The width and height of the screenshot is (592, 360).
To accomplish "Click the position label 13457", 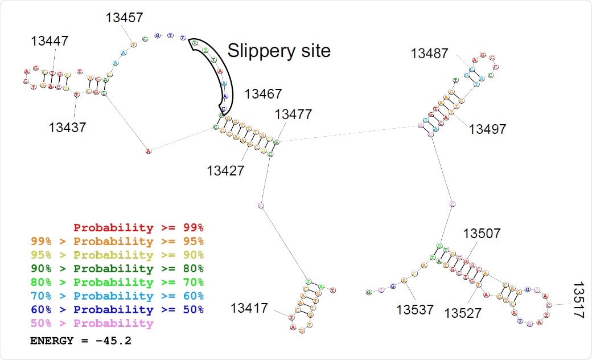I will (x=124, y=18).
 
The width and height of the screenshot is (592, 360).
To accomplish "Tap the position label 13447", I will (x=50, y=41).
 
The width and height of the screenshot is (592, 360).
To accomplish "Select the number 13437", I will (x=67, y=126).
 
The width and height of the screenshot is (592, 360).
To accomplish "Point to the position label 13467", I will (x=263, y=94).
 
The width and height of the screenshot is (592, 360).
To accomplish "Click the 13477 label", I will (x=293, y=114).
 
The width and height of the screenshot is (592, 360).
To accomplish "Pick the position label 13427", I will (x=225, y=170).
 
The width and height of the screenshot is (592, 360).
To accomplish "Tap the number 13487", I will (x=430, y=54).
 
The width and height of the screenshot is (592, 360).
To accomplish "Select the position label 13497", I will (x=487, y=129).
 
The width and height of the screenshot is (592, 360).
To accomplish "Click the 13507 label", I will (x=482, y=234).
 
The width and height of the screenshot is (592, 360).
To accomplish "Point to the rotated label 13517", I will (x=578, y=300).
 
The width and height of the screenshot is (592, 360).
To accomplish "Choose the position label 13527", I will (x=463, y=313).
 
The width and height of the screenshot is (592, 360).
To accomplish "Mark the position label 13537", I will (x=416, y=310).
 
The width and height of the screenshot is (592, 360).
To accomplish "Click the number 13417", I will (x=249, y=308).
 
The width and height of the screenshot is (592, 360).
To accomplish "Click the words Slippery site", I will (x=279, y=51).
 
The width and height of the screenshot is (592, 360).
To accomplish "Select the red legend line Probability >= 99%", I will (x=138, y=228).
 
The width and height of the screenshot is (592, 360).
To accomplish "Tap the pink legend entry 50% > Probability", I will (x=92, y=324).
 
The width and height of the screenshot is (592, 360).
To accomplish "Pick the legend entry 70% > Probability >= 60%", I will (x=117, y=296).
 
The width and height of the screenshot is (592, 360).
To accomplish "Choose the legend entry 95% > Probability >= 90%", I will (x=117, y=255).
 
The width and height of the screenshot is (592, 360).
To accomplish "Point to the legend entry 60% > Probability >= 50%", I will (x=117, y=310).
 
